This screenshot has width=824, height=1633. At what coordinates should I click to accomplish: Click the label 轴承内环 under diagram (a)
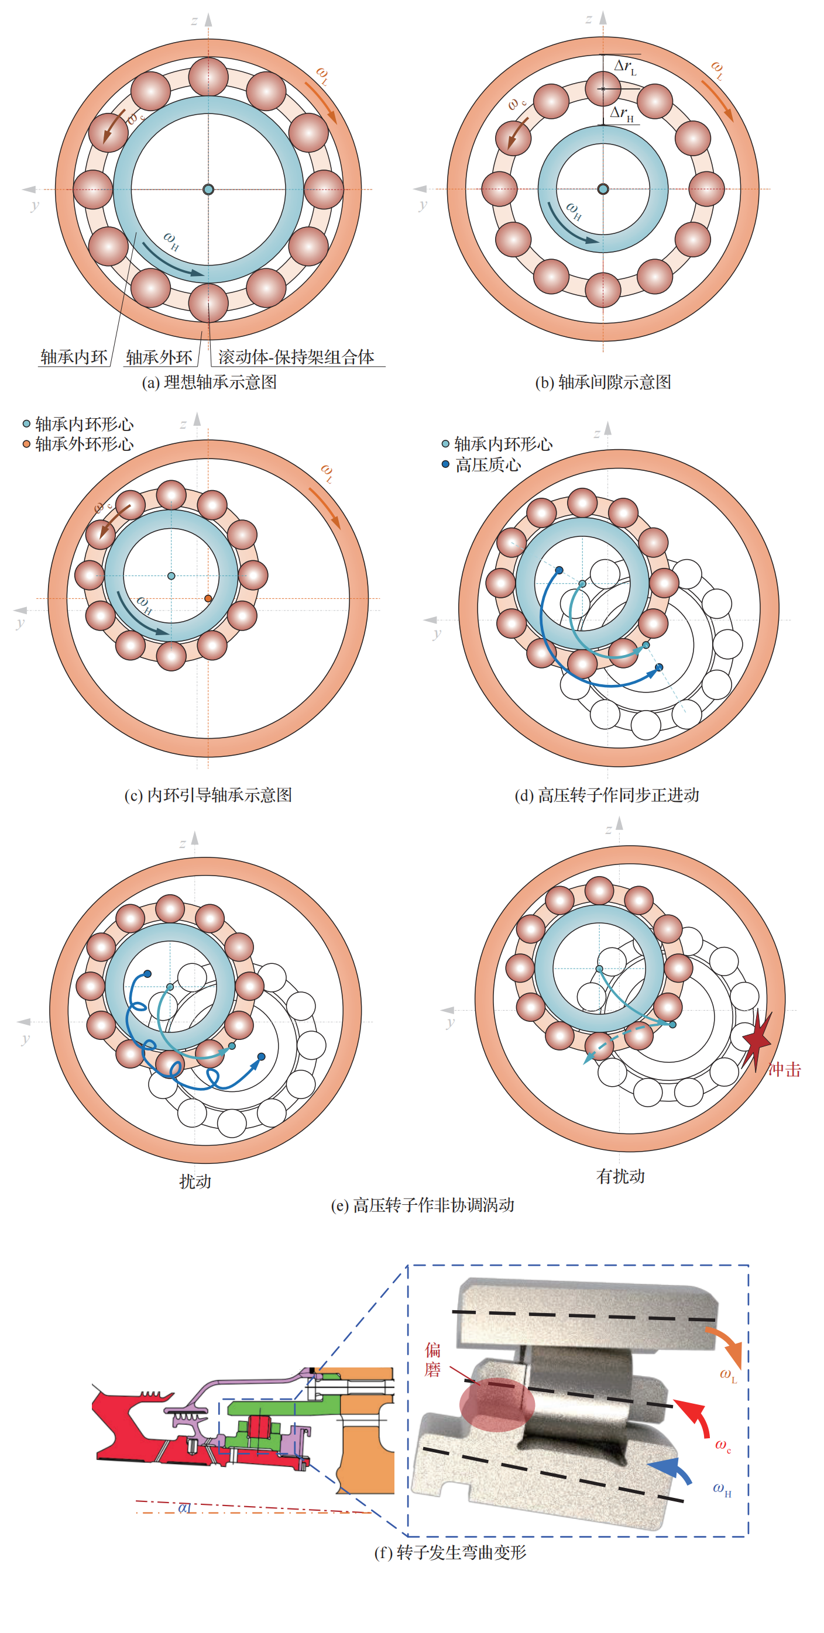tap(74, 357)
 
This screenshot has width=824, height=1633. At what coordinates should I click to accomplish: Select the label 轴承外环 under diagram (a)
tap(159, 357)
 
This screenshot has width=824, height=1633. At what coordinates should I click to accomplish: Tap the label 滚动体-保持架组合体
tap(296, 357)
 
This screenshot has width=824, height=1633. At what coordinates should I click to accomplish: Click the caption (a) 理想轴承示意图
tap(209, 383)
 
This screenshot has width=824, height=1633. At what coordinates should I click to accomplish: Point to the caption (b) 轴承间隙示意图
tap(603, 383)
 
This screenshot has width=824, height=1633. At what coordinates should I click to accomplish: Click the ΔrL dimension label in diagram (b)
tap(625, 67)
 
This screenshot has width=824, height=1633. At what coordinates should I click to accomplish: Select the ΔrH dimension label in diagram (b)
tap(622, 114)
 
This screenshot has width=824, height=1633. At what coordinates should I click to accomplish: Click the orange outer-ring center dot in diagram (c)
tap(208, 598)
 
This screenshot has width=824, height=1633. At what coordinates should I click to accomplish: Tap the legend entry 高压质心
tap(487, 464)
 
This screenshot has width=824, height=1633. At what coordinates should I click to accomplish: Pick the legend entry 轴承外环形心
tap(84, 444)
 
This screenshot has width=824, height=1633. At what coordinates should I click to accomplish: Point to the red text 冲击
tap(785, 1069)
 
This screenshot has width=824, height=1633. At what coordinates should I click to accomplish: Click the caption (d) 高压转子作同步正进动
tap(606, 795)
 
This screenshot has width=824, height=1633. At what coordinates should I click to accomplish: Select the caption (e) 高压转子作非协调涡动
tap(423, 1205)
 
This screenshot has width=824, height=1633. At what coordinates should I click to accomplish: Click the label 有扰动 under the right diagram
tap(620, 1177)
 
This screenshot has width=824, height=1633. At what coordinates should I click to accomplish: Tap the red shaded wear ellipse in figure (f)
tap(497, 1404)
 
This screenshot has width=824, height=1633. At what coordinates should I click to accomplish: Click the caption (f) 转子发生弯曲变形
tap(449, 1552)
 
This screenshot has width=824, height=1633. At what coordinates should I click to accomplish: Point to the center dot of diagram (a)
tap(208, 189)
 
